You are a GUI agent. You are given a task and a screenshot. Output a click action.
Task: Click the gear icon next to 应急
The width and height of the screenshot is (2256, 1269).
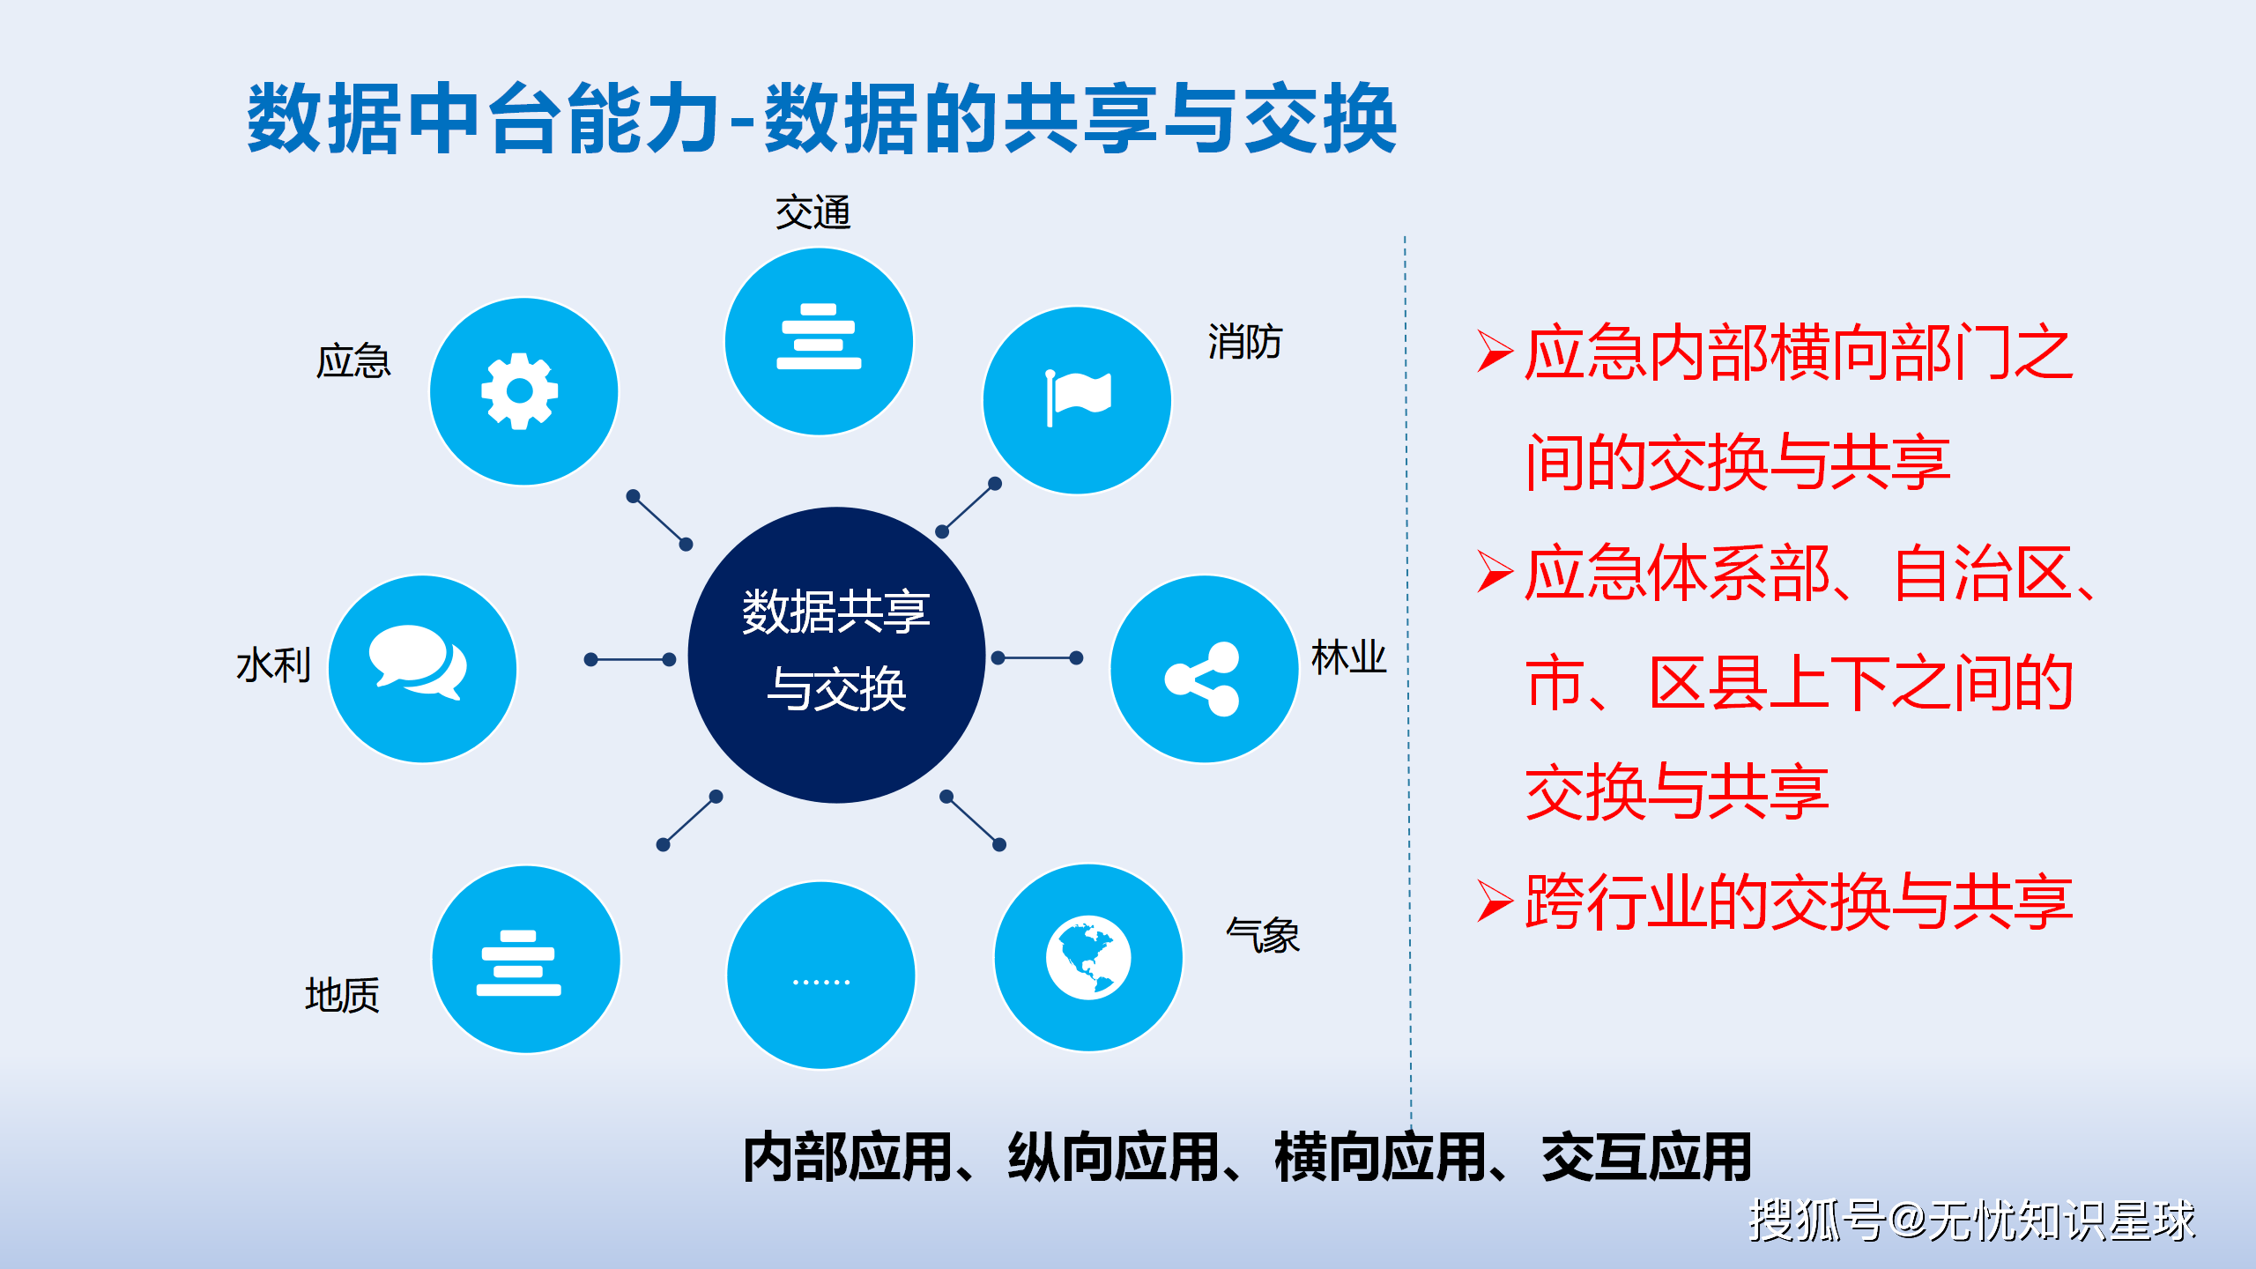tap(520, 391)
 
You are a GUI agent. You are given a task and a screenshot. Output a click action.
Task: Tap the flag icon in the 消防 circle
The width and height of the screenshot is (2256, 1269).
tap(1078, 397)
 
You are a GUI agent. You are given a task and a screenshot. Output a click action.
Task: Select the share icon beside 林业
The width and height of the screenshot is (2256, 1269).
tap(1203, 679)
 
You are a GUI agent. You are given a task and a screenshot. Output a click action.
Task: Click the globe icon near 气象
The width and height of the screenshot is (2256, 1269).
tap(1088, 958)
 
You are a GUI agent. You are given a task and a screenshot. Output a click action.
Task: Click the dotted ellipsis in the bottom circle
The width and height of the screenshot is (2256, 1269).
tap(821, 982)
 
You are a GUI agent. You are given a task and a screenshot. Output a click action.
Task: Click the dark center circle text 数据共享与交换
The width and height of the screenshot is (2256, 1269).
tap(836, 650)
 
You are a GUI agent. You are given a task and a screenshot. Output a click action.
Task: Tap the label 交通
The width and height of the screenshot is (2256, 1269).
tap(813, 212)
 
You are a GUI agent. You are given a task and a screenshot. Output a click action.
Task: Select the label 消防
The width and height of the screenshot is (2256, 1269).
tap(1244, 342)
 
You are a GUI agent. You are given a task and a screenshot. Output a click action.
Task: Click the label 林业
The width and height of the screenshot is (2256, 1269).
tap(1348, 658)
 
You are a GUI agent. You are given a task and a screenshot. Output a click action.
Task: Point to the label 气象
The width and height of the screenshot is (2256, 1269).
tap(1263, 935)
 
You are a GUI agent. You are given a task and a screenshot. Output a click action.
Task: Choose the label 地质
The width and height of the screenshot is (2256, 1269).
tap(342, 996)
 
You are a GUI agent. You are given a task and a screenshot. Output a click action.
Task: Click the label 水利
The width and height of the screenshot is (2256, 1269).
tap(273, 665)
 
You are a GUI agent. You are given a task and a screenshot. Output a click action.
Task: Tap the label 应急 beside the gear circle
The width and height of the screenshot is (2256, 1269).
tap(352, 361)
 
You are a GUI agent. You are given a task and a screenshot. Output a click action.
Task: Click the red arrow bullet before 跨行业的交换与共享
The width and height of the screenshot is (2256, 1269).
tap(1495, 902)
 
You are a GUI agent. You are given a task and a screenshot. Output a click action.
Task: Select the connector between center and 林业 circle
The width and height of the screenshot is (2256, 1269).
tap(1037, 658)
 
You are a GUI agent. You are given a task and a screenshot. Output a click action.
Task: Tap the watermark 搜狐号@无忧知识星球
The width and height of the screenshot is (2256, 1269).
tap(1971, 1221)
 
